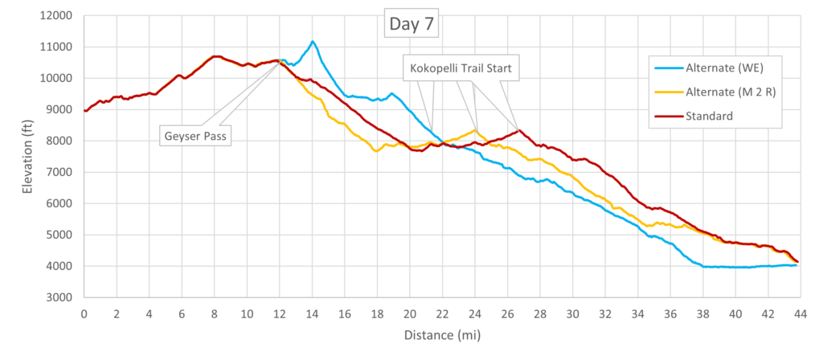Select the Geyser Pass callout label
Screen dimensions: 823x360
point(196,137)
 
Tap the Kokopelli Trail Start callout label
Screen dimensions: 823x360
point(461,67)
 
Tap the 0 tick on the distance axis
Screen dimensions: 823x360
point(84,313)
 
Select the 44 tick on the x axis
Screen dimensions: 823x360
point(800,313)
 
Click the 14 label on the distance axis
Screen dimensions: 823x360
point(313,313)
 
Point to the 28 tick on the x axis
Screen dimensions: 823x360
point(540,313)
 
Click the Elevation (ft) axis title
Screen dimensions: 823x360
point(27,157)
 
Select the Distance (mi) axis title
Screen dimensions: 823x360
point(442,335)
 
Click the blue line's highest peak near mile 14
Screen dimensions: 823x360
point(313,41)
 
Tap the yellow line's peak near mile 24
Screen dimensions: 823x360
point(474,130)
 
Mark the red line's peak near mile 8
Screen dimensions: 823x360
point(215,56)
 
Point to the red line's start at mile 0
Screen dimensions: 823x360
point(84,111)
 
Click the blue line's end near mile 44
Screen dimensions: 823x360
point(796,265)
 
